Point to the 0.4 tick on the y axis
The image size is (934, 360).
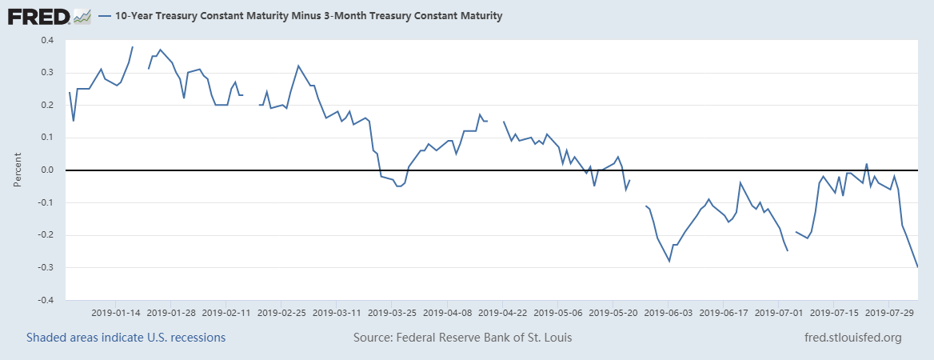pyautogui.click(x=47, y=40)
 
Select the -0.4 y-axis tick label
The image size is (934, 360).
pyautogui.click(x=46, y=300)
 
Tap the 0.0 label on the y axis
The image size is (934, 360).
pyautogui.click(x=47, y=170)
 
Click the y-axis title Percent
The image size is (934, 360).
pyautogui.click(x=18, y=170)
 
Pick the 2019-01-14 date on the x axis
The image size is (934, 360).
pyautogui.click(x=117, y=311)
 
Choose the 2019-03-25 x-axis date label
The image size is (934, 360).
pyautogui.click(x=393, y=311)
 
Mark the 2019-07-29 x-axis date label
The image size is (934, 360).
pyautogui.click(x=889, y=311)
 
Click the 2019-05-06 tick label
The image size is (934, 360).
pyautogui.click(x=558, y=311)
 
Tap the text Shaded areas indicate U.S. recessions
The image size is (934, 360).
pyautogui.click(x=126, y=338)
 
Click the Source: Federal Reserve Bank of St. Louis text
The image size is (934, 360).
pyautogui.click(x=463, y=338)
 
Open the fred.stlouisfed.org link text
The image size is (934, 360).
pyautogui.click(x=852, y=338)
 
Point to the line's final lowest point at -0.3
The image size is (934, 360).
pyautogui.click(x=917, y=266)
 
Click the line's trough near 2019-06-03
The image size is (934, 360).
pyautogui.click(x=669, y=261)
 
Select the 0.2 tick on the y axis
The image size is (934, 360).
pyautogui.click(x=47, y=105)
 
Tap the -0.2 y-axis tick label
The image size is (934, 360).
pyautogui.click(x=46, y=235)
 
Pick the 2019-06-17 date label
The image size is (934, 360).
pyautogui.click(x=724, y=311)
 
